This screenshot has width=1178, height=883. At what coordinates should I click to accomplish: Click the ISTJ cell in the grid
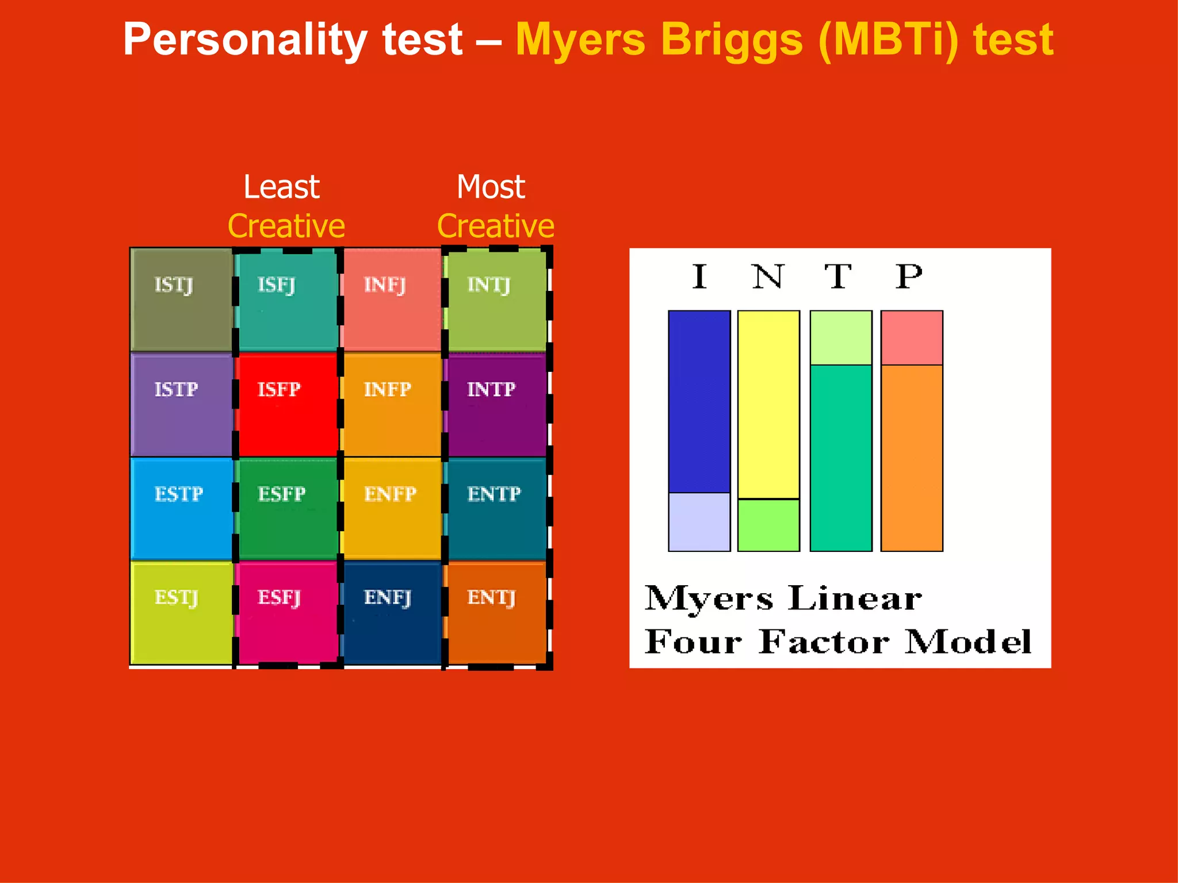182,300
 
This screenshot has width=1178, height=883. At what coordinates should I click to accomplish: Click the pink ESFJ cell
287,613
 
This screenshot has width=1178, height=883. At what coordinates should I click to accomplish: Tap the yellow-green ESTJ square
182,613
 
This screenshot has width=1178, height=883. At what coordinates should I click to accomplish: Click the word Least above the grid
281,187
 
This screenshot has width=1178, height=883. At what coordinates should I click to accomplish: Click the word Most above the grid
491,187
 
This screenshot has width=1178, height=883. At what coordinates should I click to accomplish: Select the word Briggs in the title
732,40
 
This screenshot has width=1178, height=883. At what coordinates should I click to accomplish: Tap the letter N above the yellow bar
768,277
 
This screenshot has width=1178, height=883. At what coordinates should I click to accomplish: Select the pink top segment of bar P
912,337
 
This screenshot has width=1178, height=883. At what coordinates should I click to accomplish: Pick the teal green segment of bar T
841,458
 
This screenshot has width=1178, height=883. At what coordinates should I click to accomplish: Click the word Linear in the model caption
855,598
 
